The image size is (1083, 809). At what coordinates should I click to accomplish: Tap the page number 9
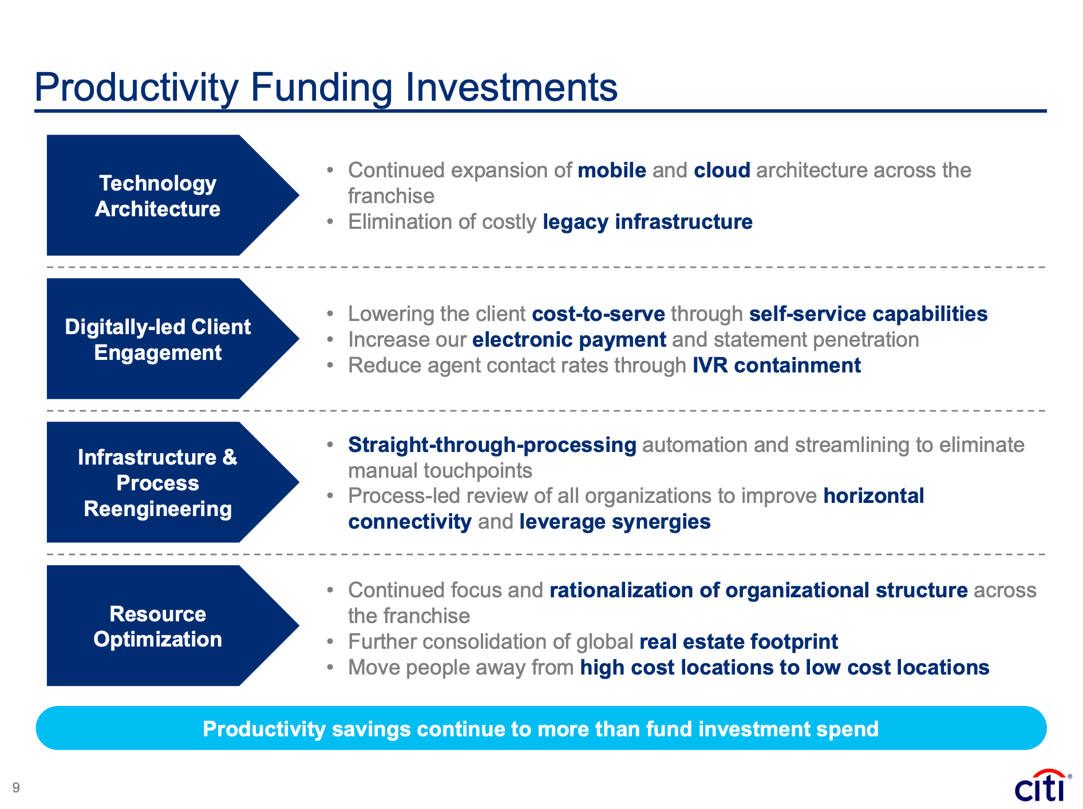[x=16, y=788]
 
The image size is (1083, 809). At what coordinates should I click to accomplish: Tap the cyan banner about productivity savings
[x=541, y=728]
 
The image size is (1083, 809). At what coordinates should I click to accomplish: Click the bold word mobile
[x=612, y=170]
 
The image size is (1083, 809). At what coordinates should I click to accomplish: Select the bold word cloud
[x=722, y=170]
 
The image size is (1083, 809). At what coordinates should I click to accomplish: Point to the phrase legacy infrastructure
[x=647, y=222]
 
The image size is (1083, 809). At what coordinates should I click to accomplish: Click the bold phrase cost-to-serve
[x=599, y=314]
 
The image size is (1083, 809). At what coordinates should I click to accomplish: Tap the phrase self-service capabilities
[x=868, y=314]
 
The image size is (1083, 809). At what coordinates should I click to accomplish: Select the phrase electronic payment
[x=570, y=340]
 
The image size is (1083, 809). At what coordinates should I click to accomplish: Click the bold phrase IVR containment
[x=777, y=366]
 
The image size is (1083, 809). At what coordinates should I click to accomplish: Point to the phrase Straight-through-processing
[x=492, y=445]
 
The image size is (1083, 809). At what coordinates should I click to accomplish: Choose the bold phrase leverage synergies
[x=615, y=522]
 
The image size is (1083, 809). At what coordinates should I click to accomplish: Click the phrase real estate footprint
[x=738, y=642]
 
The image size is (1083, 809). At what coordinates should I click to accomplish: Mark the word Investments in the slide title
[x=512, y=88]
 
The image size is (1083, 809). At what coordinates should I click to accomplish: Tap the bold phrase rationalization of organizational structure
[x=758, y=590]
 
